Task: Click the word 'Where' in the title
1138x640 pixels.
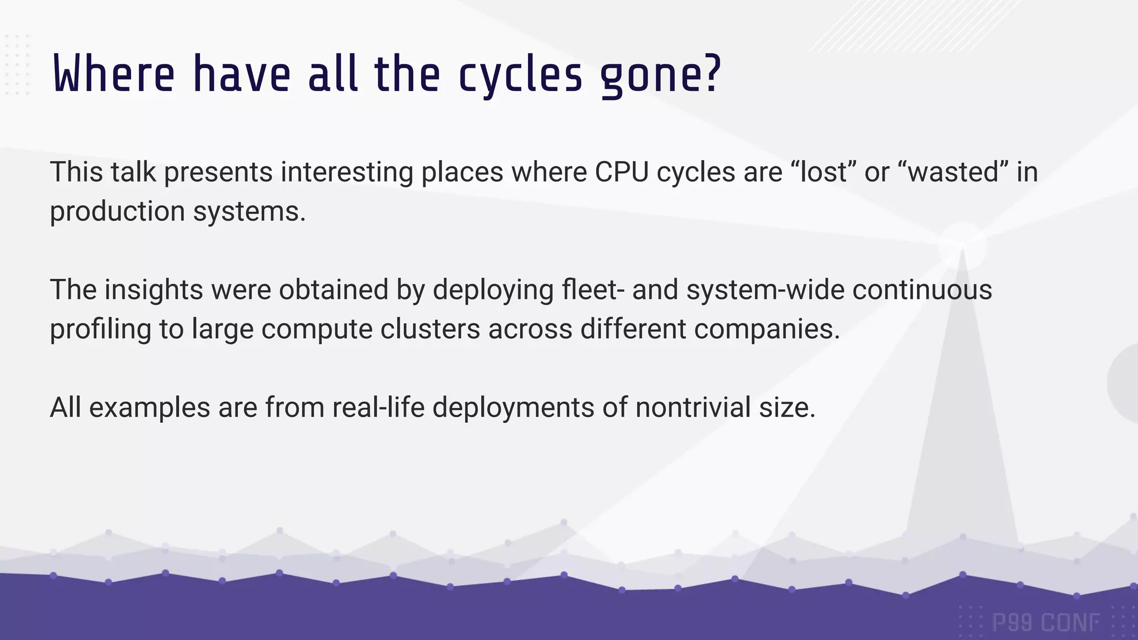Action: pos(114,74)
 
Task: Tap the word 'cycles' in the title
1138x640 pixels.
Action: pos(521,76)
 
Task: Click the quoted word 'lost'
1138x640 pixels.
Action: pos(823,172)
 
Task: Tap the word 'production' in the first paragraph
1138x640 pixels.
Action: pos(117,212)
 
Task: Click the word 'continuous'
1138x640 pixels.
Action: pos(922,289)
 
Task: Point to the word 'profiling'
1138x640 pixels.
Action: pos(100,329)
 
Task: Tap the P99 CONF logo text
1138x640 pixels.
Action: pos(1045,623)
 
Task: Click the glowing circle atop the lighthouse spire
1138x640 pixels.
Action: pos(962,245)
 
